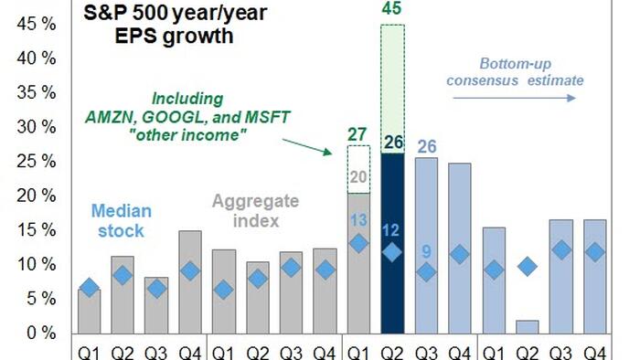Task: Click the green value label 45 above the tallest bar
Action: pos(392,8)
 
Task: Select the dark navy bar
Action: pos(392,243)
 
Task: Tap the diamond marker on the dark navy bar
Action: pos(392,252)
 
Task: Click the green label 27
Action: pos(357,134)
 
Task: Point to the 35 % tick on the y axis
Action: pos(36,92)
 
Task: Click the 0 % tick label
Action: pos(41,334)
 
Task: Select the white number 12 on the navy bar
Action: pos(390,230)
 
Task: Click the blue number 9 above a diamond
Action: pos(426,251)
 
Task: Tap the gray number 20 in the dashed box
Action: pos(358,177)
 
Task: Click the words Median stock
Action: pos(122,220)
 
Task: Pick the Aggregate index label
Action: pos(256,211)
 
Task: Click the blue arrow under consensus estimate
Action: pos(514,98)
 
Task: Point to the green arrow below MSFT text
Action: pos(307,147)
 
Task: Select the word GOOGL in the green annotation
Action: pos(172,118)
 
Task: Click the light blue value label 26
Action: pos(427,147)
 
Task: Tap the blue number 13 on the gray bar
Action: pos(358,220)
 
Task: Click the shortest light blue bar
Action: pos(528,327)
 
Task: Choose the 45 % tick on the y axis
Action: pos(36,24)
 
